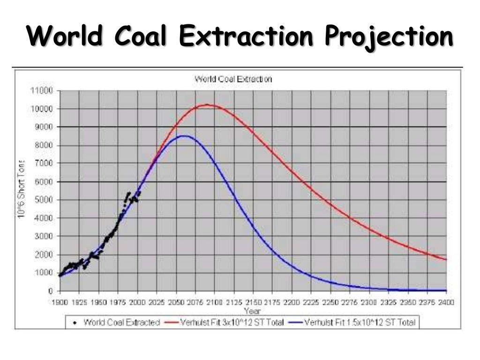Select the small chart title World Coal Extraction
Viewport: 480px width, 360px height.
tap(233, 79)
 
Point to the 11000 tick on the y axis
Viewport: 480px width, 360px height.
tap(42, 90)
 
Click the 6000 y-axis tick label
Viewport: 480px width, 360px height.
tap(44, 181)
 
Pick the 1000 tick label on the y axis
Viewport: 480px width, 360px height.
tap(44, 272)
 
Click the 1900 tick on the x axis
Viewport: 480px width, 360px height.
tap(60, 302)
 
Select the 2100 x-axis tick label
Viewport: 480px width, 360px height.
tap(214, 302)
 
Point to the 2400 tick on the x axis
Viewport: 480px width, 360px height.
tap(446, 302)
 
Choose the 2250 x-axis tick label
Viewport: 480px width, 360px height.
tap(330, 302)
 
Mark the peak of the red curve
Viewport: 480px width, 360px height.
tap(207, 105)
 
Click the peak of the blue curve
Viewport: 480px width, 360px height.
tap(184, 136)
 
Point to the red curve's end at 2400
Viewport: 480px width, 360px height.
tap(446, 259)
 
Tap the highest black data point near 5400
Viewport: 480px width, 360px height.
tap(129, 193)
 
